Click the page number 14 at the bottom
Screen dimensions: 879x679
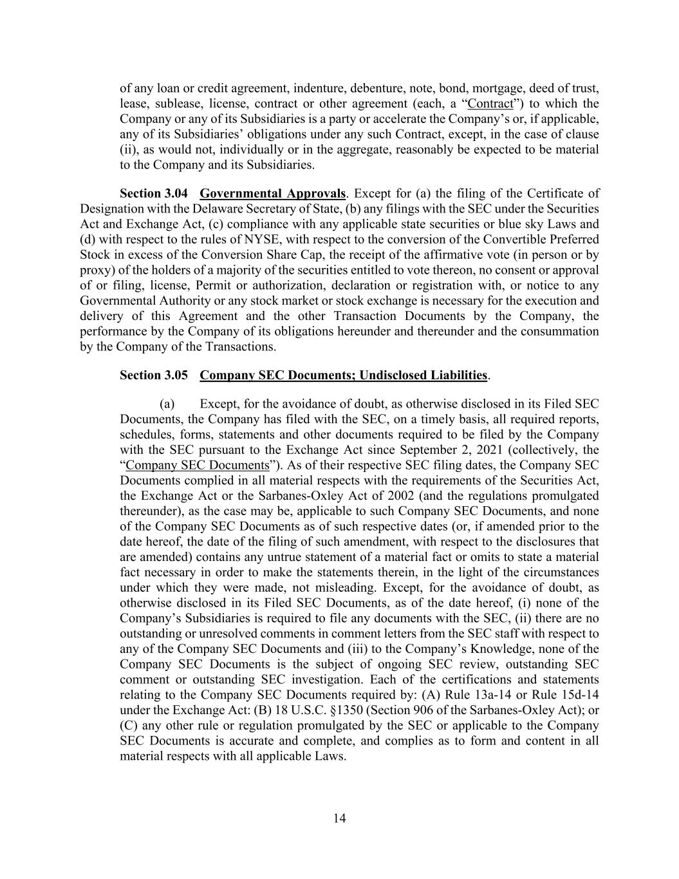pyautogui.click(x=340, y=818)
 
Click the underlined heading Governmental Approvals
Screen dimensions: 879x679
pyautogui.click(x=273, y=194)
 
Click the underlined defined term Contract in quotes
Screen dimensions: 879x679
pyautogui.click(x=490, y=104)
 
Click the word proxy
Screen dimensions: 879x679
pyautogui.click(x=96, y=270)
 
